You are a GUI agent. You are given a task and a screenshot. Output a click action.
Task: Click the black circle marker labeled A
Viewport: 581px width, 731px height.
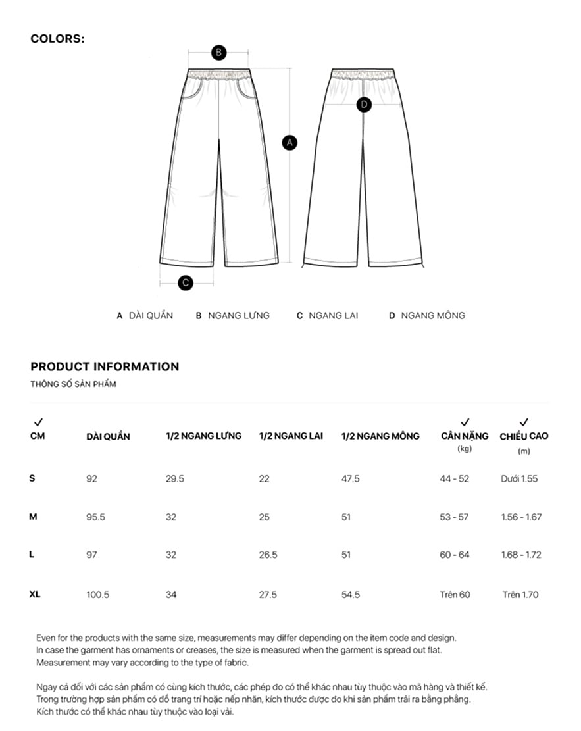(290, 141)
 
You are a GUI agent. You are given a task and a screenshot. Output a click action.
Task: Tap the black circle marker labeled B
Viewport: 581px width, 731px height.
(218, 53)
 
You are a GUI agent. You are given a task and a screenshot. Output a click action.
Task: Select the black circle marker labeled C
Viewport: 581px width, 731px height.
(186, 283)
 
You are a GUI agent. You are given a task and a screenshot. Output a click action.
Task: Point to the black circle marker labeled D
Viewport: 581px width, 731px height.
(364, 104)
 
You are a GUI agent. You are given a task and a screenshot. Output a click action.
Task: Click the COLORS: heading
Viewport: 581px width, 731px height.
(57, 39)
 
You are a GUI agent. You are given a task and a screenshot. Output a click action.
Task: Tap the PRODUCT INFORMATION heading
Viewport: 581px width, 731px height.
(105, 366)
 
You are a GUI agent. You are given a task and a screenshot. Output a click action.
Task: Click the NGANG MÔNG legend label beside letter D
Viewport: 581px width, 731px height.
(432, 316)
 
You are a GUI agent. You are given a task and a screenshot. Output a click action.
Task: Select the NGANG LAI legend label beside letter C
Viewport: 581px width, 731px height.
(333, 316)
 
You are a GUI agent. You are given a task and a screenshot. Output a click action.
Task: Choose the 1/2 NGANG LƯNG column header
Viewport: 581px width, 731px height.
(203, 436)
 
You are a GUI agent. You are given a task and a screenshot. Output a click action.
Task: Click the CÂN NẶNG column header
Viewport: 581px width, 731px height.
(465, 436)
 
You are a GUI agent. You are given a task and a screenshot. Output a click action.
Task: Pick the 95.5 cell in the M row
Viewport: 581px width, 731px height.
(96, 517)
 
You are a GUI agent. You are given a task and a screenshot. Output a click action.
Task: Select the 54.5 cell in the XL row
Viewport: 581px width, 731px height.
(351, 595)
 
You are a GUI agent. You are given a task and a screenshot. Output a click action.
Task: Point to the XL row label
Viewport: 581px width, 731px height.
(35, 595)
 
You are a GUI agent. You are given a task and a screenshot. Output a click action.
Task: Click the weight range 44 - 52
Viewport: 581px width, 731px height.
(455, 479)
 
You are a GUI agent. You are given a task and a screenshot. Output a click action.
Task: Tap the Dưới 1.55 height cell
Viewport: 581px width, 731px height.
(519, 479)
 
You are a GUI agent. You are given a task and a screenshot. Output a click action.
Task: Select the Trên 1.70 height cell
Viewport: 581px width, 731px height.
(520, 595)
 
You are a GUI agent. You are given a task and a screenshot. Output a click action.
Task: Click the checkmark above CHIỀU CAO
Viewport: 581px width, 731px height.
(524, 422)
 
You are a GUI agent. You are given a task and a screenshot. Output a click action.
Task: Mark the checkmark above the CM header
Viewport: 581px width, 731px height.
(38, 422)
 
